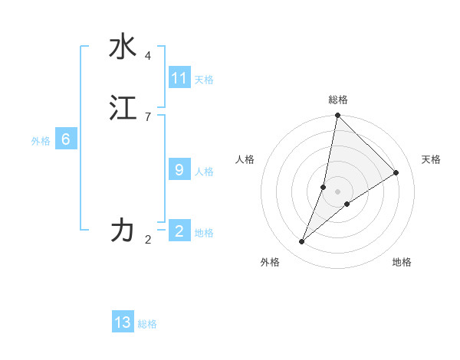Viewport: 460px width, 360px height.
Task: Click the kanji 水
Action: pos(123,47)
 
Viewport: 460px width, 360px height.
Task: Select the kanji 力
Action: pos(123,230)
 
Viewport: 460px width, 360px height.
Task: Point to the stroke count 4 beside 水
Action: pos(148,56)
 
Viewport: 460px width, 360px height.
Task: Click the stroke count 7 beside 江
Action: pos(148,116)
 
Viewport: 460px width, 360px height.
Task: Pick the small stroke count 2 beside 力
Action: pos(148,240)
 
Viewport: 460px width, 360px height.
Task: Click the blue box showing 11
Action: pos(179,78)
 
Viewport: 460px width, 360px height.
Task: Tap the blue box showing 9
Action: pos(179,170)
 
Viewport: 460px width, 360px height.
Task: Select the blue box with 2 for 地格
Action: pos(179,231)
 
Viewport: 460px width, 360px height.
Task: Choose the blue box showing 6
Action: pos(66,139)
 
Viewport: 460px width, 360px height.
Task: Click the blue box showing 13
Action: pos(123,322)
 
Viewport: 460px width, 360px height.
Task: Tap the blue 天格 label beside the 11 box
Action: pos(204,79)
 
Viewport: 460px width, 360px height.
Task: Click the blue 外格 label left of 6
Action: pos(41,140)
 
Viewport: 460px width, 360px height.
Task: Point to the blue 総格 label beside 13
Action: pos(147,324)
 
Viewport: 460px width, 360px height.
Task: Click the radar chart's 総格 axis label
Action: pos(338,100)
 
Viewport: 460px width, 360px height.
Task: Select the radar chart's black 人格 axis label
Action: pos(245,159)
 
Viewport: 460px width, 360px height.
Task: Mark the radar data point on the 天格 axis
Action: pos(396,173)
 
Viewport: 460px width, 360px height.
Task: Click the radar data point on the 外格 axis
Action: pos(302,242)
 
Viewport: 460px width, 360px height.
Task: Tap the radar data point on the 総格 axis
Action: pos(337,116)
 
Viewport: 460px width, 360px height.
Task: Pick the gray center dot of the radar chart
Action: pos(337,191)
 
